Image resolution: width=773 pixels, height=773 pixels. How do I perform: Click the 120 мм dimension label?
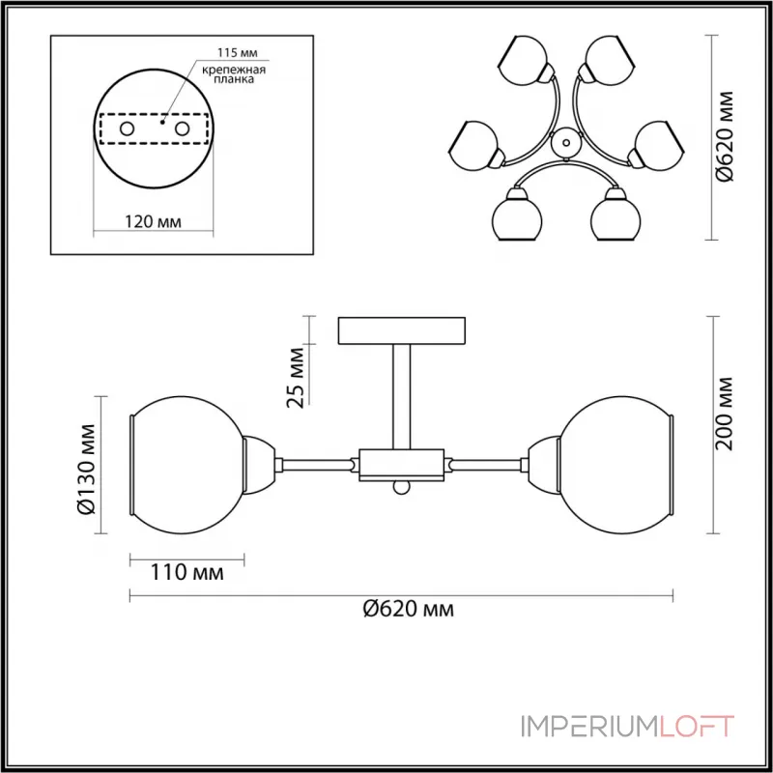point(155,221)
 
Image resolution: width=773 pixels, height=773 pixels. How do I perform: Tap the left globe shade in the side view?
point(188,466)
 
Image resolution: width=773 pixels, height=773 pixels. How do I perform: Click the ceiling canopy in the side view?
point(400,329)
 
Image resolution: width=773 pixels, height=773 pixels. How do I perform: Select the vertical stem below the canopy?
point(400,396)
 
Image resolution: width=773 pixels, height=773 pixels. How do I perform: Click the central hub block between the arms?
point(400,465)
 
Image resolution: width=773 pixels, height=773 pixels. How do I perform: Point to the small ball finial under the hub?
point(400,488)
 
